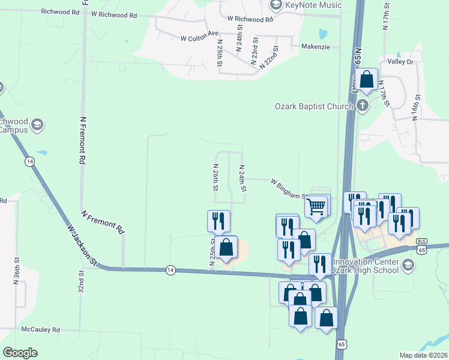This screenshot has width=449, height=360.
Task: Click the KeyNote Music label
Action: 313,5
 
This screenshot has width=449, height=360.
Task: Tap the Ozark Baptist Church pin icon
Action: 362,106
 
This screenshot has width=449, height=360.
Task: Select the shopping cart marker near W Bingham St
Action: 316,207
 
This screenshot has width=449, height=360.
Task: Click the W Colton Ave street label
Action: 199,38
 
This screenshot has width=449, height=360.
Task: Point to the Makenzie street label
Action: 315,47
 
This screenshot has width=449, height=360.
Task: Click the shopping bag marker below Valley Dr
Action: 366,79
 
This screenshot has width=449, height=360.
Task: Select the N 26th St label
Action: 215,178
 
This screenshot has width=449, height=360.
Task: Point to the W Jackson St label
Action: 82,245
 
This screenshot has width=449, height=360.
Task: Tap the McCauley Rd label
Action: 41,329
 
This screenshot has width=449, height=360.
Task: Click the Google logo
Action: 20,353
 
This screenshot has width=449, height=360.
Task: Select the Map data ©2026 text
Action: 423,355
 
